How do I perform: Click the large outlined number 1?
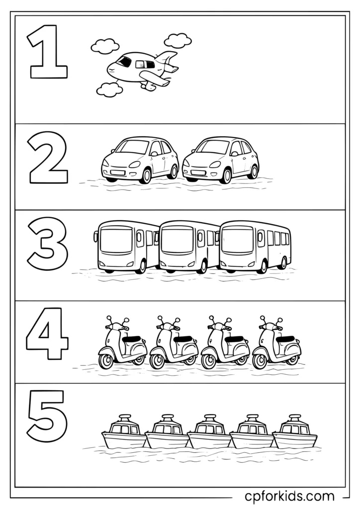[49, 52]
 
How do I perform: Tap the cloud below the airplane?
[109, 89]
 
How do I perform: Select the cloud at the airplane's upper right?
[178, 40]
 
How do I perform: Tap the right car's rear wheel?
[253, 171]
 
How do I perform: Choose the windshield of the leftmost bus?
[116, 241]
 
